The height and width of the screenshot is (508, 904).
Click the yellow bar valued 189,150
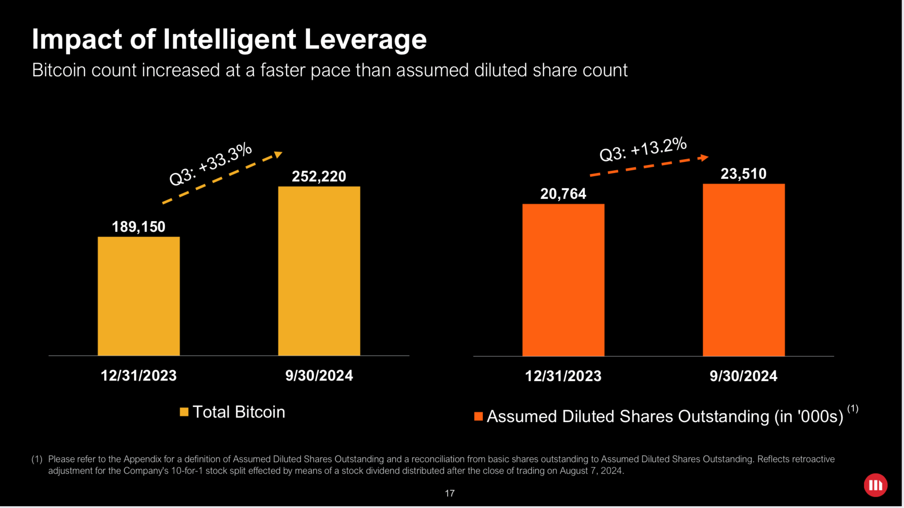pos(138,296)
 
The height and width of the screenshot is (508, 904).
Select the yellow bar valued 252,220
pos(319,271)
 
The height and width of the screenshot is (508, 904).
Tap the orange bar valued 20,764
pos(563,280)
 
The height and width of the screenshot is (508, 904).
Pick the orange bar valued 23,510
pos(743,270)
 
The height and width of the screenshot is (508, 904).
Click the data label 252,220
pos(319,176)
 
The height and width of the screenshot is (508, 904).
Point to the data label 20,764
pos(563,194)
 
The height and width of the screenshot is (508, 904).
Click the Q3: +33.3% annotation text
pos(211,164)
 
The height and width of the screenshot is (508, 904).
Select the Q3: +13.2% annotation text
pos(643,149)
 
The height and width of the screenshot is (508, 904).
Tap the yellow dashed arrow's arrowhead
pos(278,155)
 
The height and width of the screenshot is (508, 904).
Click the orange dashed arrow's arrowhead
pos(704,157)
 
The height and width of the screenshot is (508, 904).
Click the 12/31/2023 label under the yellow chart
pos(138,376)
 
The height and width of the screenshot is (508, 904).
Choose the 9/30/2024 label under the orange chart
pos(743,376)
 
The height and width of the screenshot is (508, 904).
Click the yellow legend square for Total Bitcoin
pos(184,412)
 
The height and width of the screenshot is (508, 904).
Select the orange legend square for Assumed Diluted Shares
pos(478,416)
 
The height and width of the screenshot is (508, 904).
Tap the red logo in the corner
pos(875,485)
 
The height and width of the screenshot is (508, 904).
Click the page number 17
pos(449,493)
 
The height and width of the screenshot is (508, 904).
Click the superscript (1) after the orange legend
pos(852,408)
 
